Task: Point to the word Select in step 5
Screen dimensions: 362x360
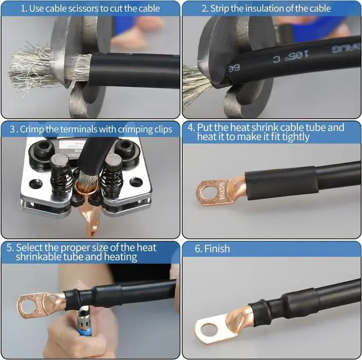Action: pyautogui.click(x=29, y=248)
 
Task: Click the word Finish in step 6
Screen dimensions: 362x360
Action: pyautogui.click(x=217, y=249)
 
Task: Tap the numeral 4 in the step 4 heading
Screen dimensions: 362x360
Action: pyautogui.click(x=191, y=128)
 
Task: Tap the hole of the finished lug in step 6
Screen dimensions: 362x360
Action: pyautogui.click(x=209, y=329)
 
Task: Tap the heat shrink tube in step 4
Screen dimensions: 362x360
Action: pyautogui.click(x=281, y=183)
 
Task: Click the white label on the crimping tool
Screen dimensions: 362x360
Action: pyautogui.click(x=74, y=145)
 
